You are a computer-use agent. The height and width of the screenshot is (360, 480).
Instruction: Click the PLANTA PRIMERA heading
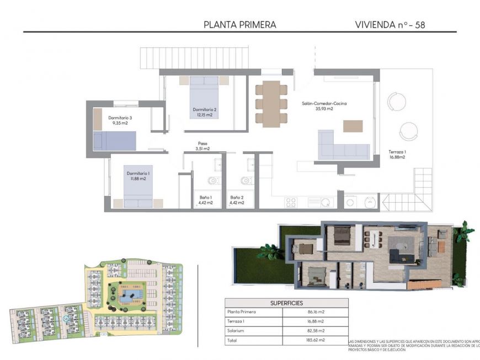point(240,24)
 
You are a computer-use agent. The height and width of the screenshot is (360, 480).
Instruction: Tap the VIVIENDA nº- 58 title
point(390,24)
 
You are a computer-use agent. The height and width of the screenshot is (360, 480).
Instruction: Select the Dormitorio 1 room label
point(135,176)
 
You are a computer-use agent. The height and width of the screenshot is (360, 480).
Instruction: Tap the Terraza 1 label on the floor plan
point(397,154)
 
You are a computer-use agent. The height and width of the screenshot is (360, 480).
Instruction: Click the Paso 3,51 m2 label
point(203,146)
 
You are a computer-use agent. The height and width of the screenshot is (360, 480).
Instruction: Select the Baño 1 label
point(206,200)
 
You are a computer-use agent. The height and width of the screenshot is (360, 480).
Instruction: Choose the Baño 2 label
point(237,200)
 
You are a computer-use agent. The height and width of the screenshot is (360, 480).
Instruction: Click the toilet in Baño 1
point(213,181)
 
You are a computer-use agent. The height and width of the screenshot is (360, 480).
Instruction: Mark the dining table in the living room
point(271,104)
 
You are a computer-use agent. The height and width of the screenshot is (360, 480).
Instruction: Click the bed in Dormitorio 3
point(114,141)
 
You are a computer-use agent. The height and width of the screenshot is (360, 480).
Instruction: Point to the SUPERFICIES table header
point(286,303)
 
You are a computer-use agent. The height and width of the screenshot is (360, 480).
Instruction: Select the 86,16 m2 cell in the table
point(315,312)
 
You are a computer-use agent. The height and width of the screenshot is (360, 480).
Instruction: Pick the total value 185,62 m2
point(315,340)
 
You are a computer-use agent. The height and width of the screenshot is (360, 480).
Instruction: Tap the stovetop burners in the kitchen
point(291,202)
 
